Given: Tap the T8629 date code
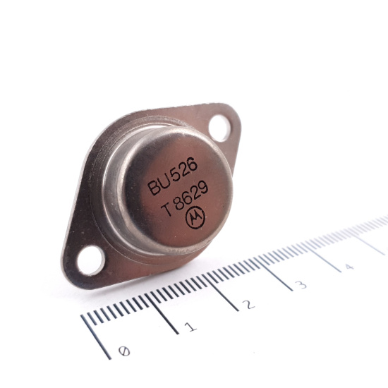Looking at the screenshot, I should coord(185,200).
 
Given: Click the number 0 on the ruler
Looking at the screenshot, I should coord(126,350).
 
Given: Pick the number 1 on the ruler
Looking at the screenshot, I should coord(190,327).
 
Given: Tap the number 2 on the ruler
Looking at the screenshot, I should coord(248,305).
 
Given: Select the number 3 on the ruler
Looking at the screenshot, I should coord(301,285).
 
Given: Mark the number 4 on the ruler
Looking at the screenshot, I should coord(348,267).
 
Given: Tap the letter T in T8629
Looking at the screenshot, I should coord(166,211).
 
